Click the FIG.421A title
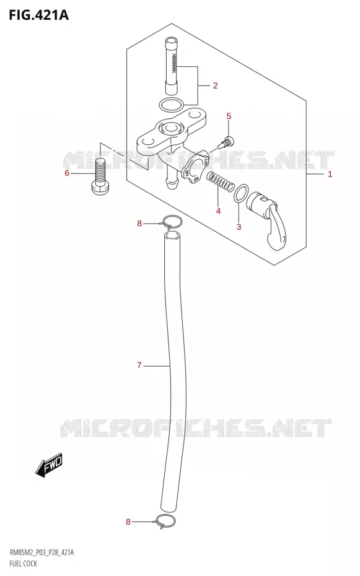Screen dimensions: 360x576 [38, 15]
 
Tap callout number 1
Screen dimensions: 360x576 [330, 174]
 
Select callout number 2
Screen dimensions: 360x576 [215, 85]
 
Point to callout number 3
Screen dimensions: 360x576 [239, 227]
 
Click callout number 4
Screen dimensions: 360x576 [218, 211]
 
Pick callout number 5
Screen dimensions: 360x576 [229, 116]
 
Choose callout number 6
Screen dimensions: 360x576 [67, 173]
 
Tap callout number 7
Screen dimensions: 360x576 [139, 365]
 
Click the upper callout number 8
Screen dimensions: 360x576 [139, 223]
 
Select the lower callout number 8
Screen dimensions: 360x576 [128, 521]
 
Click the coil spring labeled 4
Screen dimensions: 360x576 [220, 182]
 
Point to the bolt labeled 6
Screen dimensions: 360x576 [100, 176]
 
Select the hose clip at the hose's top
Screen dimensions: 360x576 [172, 221]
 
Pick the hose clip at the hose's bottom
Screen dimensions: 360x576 [165, 520]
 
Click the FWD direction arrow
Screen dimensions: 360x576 [49, 465]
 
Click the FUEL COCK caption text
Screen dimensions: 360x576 [23, 563]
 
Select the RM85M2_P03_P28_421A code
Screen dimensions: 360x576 [41, 552]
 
